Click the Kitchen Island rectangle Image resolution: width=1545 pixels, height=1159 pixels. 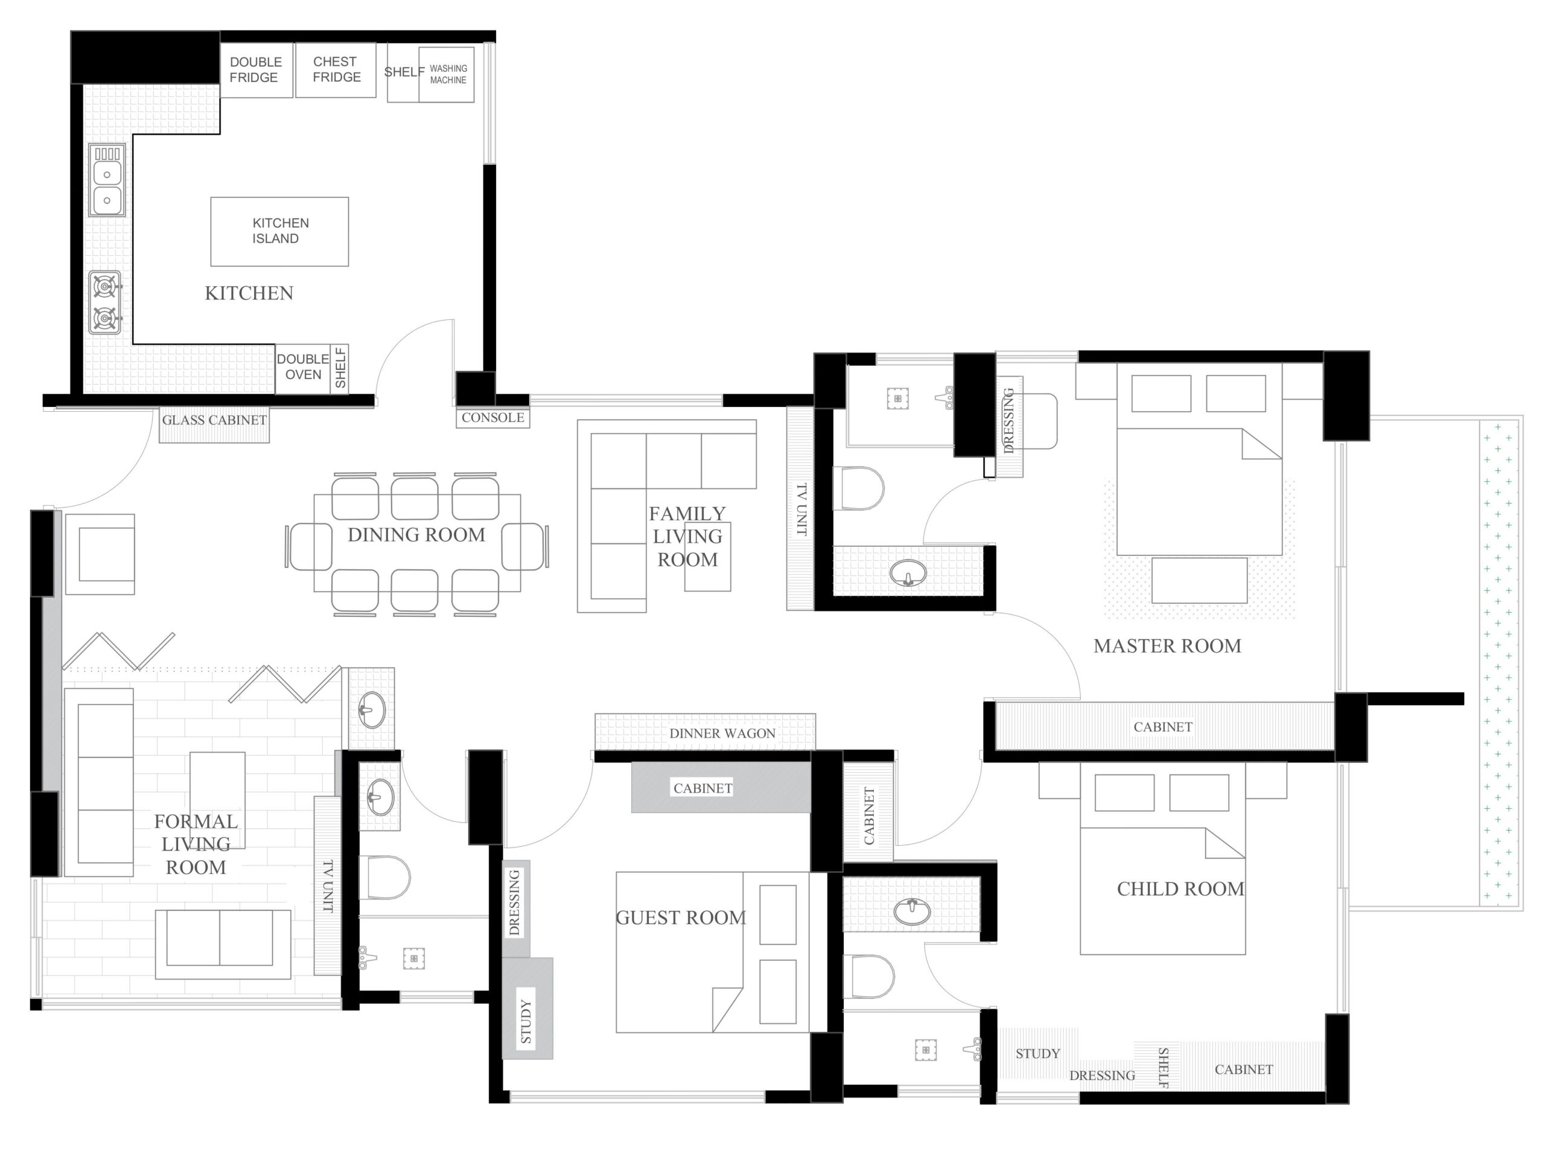pos(279,231)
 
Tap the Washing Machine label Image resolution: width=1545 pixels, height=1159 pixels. pos(448,74)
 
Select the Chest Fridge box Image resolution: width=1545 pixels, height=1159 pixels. pos(336,70)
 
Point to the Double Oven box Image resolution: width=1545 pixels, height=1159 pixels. pos(302,368)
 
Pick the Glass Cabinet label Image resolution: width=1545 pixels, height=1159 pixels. pos(214,420)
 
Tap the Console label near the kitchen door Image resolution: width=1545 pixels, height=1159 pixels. pos(492,417)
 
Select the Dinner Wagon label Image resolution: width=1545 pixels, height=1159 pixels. pos(722,733)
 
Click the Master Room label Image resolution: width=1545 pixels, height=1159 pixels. pos(1167,645)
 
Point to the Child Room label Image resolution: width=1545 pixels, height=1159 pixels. pos(1180,889)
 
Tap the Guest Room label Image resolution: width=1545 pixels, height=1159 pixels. pos(680,918)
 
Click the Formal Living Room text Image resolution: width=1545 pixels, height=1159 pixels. pos(196,844)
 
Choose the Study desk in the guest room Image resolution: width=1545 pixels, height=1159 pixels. pos(527,1007)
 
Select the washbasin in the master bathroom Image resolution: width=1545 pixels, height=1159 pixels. pos(908,573)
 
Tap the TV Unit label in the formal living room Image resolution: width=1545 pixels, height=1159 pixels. pos(328,886)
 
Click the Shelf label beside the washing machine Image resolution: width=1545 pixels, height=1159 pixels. pos(404,71)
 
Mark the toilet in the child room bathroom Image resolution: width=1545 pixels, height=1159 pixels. pos(869,976)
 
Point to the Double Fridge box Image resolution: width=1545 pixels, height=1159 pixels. pos(256,70)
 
